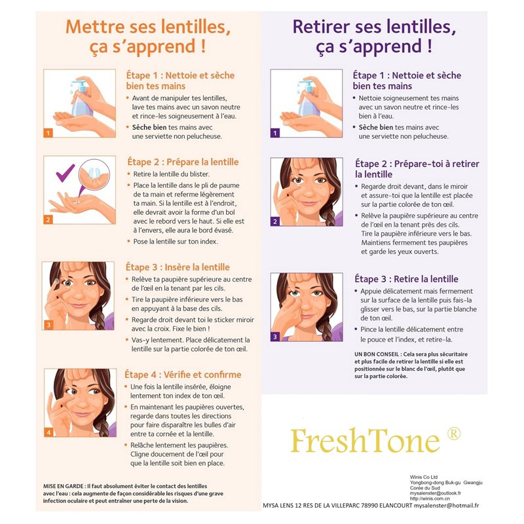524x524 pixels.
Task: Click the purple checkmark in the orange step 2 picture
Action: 65,173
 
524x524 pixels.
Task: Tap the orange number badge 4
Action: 48,432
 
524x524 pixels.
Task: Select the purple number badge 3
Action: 275,337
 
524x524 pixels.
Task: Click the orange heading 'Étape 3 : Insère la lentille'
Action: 178,267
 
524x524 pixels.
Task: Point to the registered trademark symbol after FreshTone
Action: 454,434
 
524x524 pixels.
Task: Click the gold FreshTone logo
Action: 365,440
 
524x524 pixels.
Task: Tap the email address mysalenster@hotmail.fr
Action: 446,506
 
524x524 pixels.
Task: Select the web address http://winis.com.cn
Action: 430,498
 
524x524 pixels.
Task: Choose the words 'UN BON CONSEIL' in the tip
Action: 377,354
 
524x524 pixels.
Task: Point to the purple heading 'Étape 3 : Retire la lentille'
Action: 406,279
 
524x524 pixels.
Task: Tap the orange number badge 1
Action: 48,133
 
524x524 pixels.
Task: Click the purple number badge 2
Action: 275,221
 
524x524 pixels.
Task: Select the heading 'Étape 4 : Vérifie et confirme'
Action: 183,375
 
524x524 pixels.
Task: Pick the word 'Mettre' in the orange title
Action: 95,27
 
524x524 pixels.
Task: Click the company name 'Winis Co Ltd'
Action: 424,477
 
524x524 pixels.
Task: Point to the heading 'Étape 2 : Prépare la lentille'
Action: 183,162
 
